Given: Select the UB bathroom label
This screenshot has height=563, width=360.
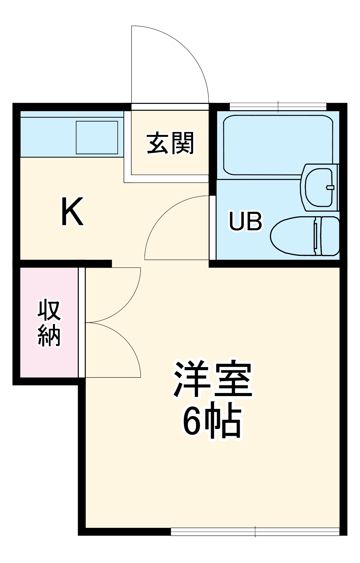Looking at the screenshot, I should [245, 221].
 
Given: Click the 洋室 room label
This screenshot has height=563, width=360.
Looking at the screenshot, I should [212, 378].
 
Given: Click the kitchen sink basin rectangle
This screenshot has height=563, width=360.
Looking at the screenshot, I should [97, 137].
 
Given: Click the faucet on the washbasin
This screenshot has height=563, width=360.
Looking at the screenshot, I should [330, 187].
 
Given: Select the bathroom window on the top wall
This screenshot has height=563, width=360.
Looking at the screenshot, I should [278, 107].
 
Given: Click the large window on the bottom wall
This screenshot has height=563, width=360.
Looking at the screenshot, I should [255, 532].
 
